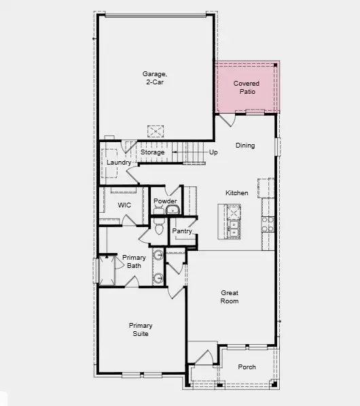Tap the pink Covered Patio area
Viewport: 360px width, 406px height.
pyautogui.click(x=247, y=87)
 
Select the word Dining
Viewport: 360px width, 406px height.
pyautogui.click(x=245, y=146)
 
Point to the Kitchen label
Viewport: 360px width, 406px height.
pyautogui.click(x=237, y=193)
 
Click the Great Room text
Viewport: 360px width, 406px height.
pyautogui.click(x=230, y=297)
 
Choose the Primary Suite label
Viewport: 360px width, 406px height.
pyautogui.click(x=141, y=330)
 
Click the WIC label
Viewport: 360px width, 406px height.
pyautogui.click(x=124, y=205)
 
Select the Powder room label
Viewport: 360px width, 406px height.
pyautogui.click(x=165, y=201)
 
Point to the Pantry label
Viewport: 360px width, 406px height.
pyautogui.click(x=182, y=231)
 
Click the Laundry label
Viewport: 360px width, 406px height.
pyautogui.click(x=118, y=163)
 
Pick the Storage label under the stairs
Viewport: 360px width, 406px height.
pyautogui.click(x=152, y=152)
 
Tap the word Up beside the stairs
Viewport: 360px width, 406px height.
pyautogui.click(x=213, y=152)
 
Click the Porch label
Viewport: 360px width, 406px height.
pyautogui.click(x=247, y=367)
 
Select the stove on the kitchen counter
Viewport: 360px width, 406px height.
pyautogui.click(x=268, y=224)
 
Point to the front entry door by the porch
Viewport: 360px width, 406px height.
pyautogui.click(x=202, y=356)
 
